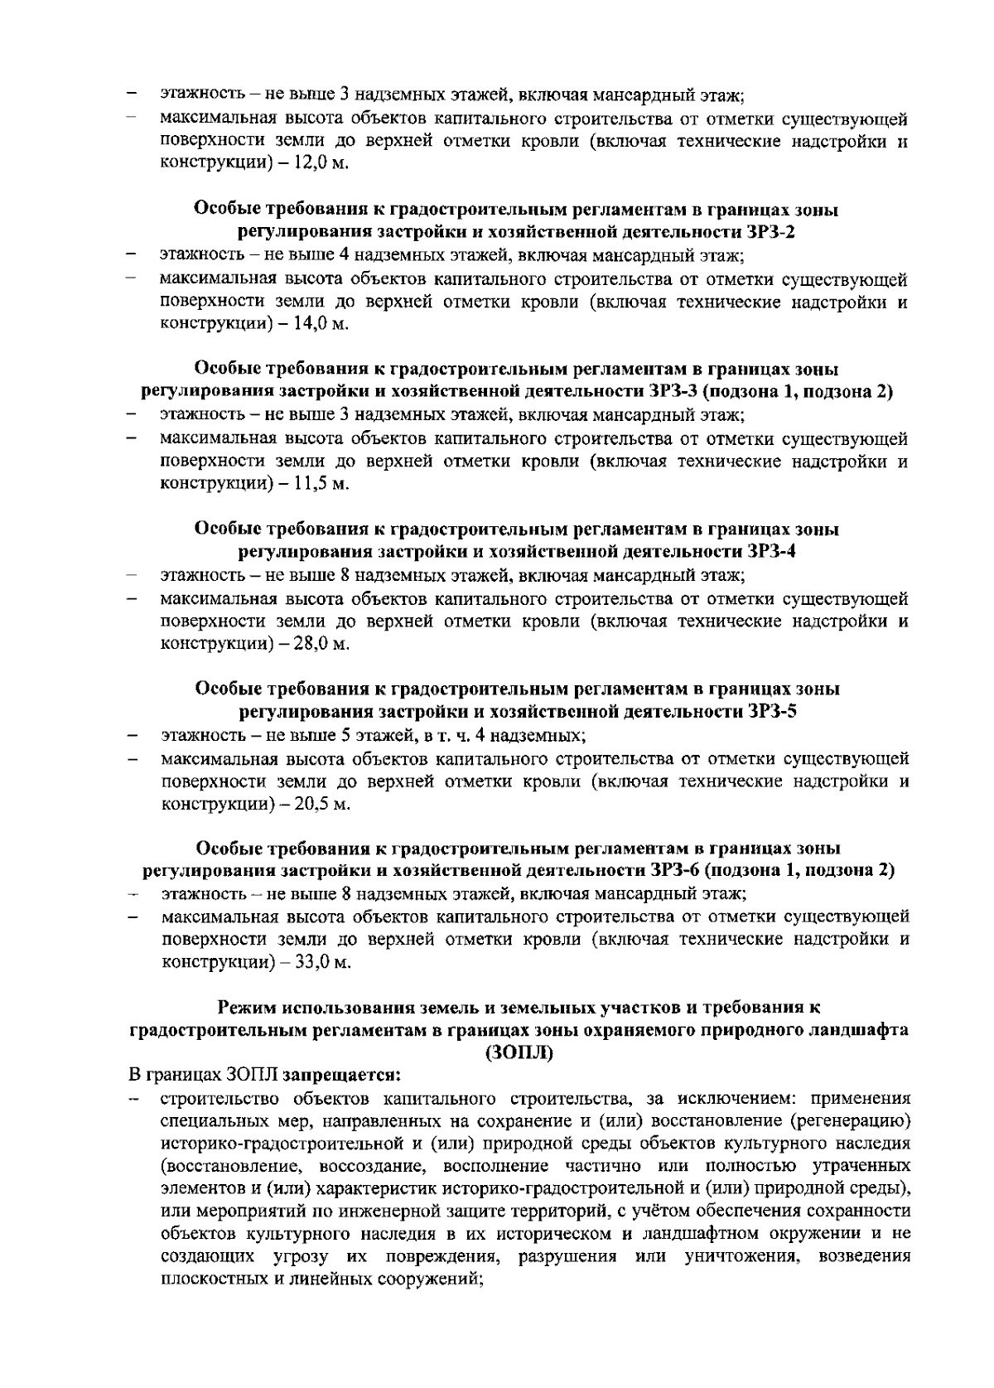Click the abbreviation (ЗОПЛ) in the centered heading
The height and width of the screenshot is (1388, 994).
click(x=519, y=1053)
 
